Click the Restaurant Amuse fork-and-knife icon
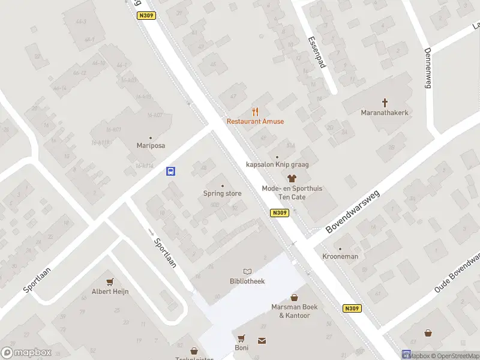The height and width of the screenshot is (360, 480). [256, 111]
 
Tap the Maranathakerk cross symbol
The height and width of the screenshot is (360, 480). [385, 103]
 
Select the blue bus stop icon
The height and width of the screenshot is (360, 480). [171, 171]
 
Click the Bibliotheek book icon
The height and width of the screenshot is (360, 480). [247, 272]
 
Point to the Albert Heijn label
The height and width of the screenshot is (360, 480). [110, 292]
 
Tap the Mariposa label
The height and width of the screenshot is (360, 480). [150, 145]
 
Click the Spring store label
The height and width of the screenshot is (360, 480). [222, 193]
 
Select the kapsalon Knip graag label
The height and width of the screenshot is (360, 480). [277, 164]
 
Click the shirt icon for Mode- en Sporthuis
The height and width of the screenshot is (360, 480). [292, 178]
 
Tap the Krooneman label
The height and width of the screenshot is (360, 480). [340, 256]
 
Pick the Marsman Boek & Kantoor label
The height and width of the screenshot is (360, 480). [294, 311]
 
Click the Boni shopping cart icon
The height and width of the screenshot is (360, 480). [241, 338]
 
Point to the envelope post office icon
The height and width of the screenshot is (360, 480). [262, 341]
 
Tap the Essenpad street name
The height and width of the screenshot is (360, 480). [316, 52]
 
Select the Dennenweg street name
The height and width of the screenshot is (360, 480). [428, 68]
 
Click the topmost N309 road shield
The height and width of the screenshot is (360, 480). [146, 16]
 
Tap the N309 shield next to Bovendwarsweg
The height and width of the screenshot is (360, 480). [280, 212]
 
